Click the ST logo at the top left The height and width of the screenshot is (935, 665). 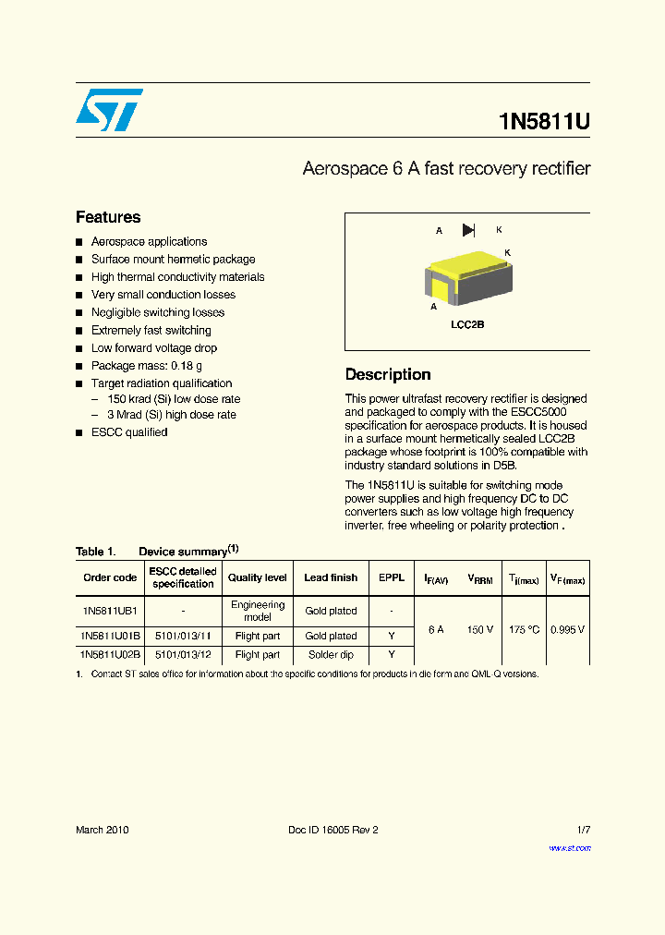click(x=109, y=110)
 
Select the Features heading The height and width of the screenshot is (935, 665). click(x=108, y=217)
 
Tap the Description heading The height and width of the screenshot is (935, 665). click(x=388, y=374)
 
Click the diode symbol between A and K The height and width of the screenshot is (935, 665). click(x=468, y=230)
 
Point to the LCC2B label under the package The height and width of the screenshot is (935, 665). click(x=467, y=325)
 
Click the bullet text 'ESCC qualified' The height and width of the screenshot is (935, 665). click(x=129, y=432)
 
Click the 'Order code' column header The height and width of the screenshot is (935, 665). click(x=110, y=577)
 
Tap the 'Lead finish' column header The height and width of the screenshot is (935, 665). click(x=331, y=577)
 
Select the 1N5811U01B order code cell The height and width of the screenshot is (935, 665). click(x=110, y=636)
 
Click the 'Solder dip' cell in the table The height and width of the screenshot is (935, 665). click(x=331, y=654)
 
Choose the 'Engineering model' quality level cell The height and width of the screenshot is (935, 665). click(x=258, y=611)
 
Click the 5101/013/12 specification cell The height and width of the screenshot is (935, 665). click(x=183, y=654)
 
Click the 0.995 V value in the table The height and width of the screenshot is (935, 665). click(x=568, y=629)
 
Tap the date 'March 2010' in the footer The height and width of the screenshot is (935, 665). click(x=103, y=830)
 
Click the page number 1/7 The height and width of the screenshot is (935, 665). click(x=583, y=830)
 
